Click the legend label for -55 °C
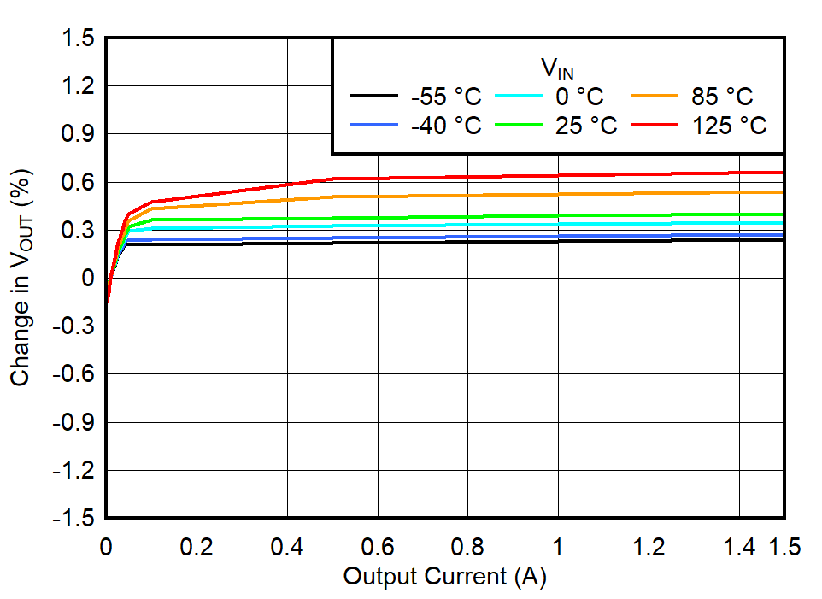[445, 96]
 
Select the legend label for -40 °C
[445, 126]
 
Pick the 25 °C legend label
[586, 126]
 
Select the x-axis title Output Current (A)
[444, 577]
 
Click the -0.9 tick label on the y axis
[75, 423]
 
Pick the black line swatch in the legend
[374, 96]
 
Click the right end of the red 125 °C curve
[782, 173]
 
